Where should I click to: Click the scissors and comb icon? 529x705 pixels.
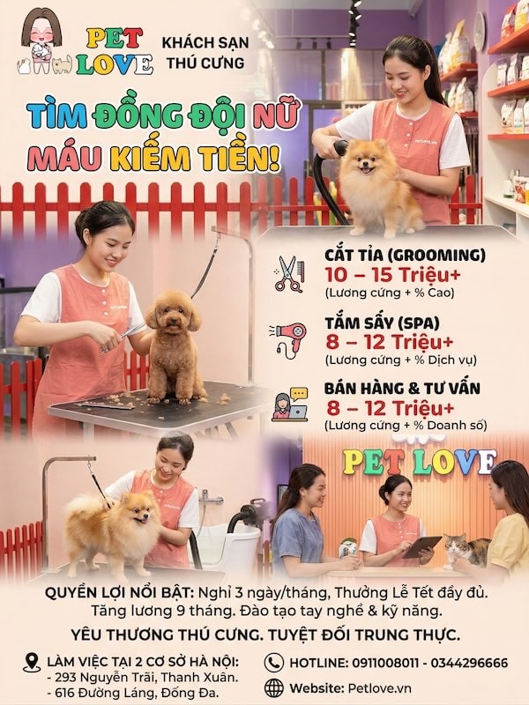290,274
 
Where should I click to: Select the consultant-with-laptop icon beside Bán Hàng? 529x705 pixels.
290,405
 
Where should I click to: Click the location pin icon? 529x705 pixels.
32,663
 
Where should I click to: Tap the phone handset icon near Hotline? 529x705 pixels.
274,663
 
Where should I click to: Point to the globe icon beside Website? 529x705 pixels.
274,688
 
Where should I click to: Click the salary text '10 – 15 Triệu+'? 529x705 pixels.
393,275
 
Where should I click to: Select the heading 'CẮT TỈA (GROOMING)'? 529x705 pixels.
406,255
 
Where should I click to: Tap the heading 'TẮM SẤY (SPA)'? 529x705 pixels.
383,323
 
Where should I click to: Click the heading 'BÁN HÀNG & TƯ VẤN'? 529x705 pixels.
403,388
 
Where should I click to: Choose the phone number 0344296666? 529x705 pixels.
469,663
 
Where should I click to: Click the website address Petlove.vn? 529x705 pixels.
380,688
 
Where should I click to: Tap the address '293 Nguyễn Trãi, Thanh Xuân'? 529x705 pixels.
146,677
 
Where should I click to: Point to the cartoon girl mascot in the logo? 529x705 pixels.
41,40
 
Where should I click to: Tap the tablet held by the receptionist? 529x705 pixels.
421,547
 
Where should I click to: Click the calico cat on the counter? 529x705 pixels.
466,549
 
